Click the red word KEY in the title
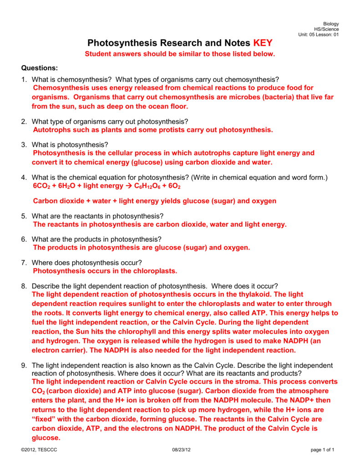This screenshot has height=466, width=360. [262, 43]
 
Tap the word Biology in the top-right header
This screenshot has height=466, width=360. [331, 24]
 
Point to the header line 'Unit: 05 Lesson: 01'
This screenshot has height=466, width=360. [318, 35]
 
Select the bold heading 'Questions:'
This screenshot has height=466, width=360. [40, 68]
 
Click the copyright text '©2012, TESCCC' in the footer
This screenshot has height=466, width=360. [39, 450]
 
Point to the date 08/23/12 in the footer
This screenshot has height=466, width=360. [182, 450]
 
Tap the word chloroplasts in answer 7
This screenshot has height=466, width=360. [154, 271]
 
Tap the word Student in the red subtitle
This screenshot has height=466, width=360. [99, 54]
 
